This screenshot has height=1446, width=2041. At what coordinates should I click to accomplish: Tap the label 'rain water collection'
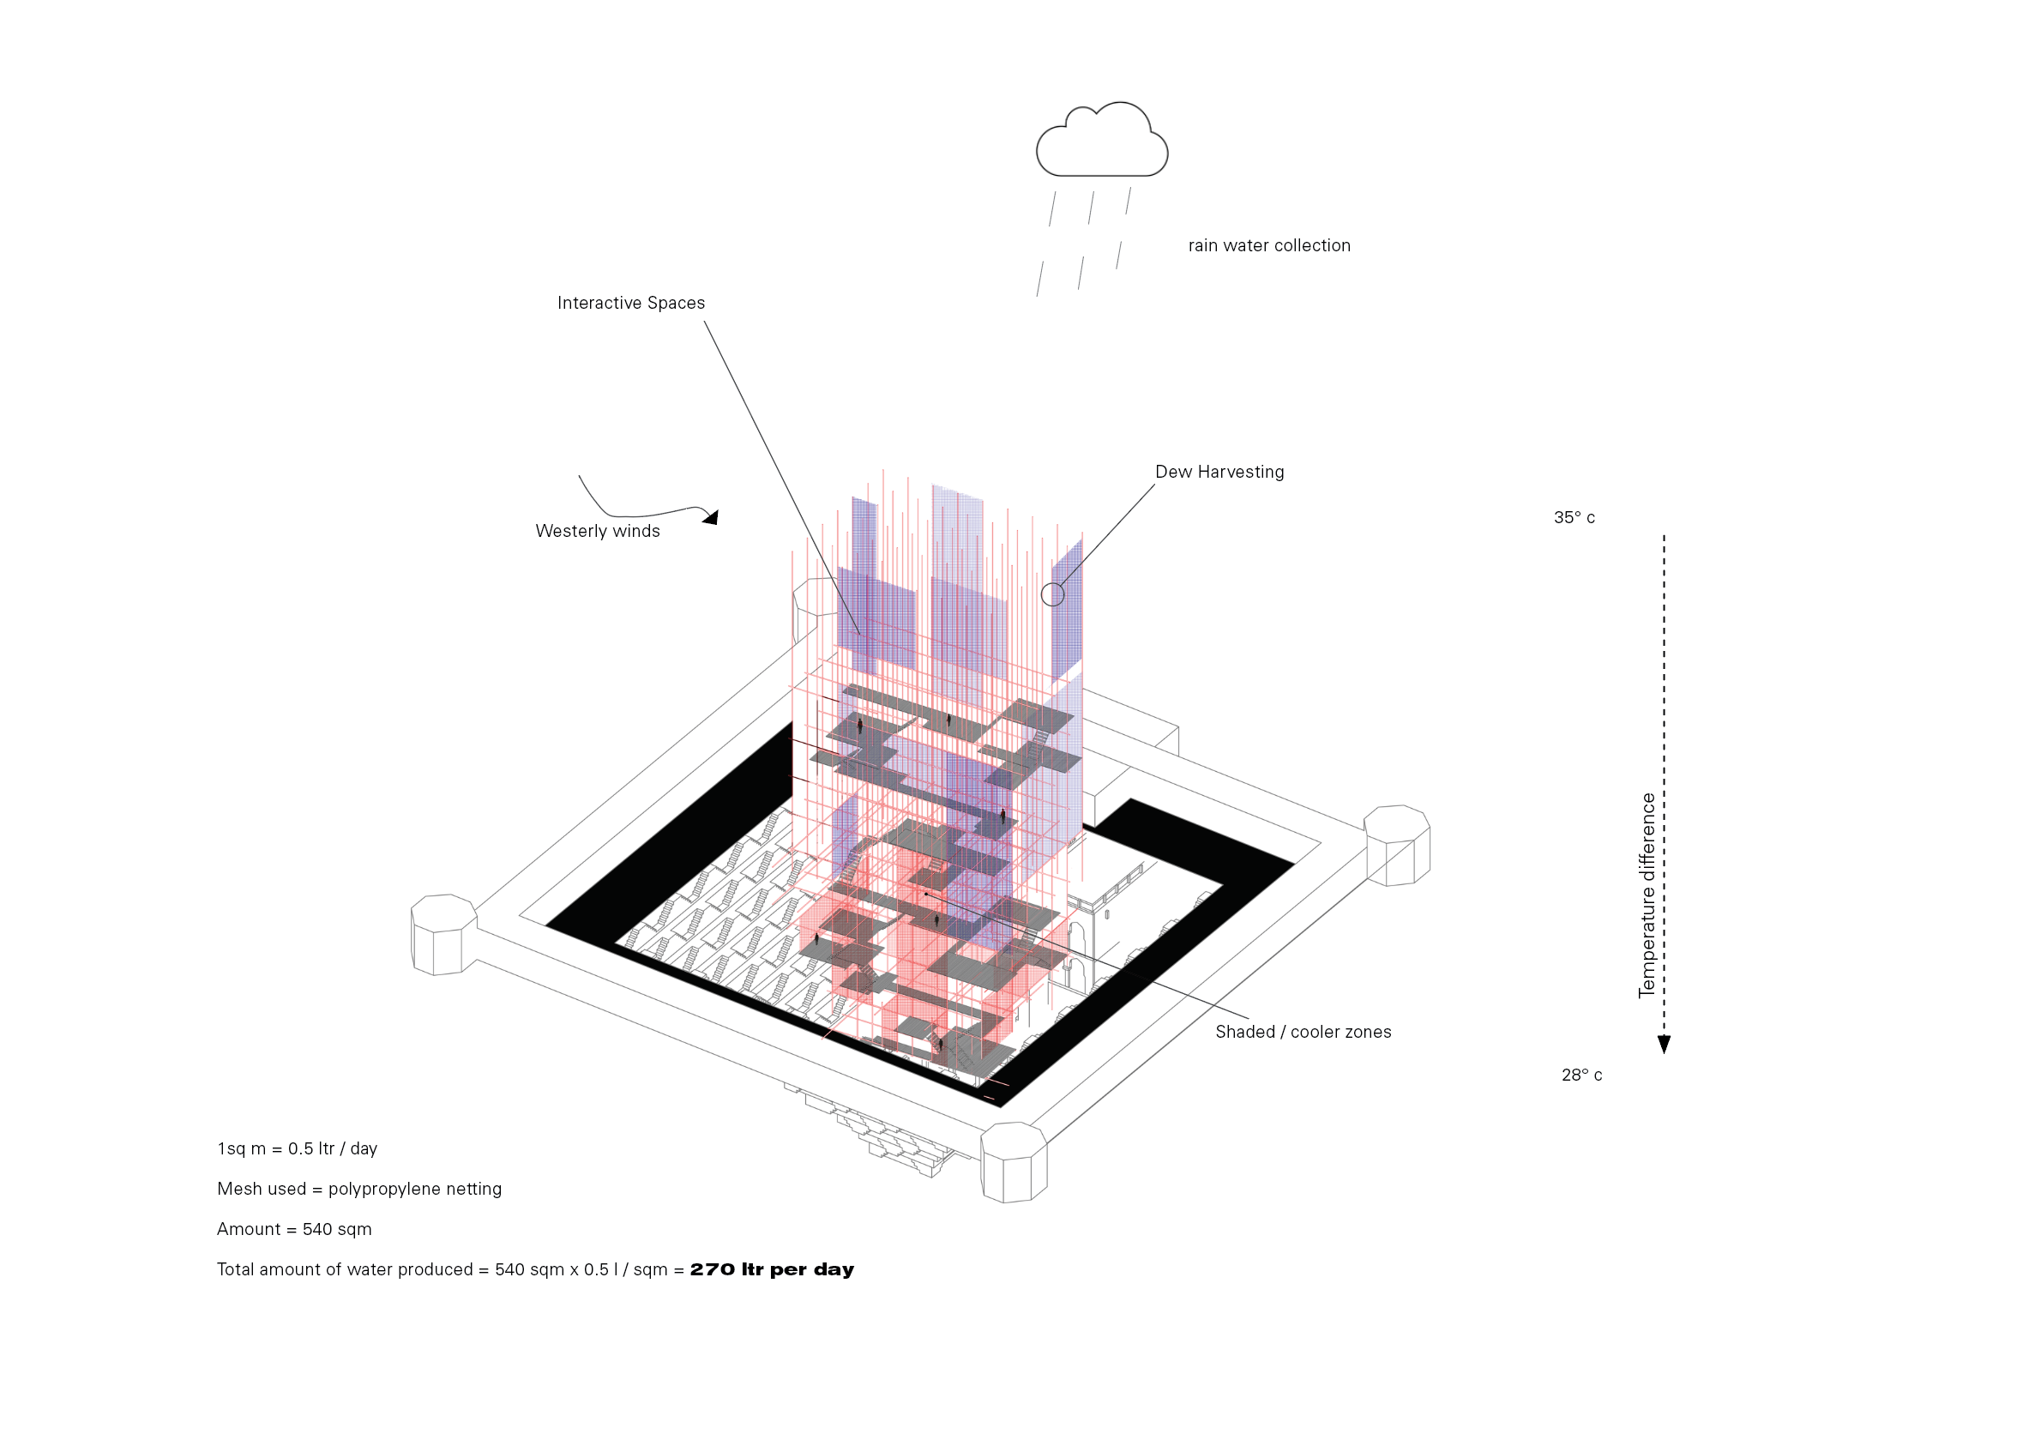(1268, 246)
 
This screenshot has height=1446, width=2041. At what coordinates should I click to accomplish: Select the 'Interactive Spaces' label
(630, 303)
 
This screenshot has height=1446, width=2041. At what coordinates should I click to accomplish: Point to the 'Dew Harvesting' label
(1219, 472)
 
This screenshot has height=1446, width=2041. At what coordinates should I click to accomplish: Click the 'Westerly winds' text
(597, 531)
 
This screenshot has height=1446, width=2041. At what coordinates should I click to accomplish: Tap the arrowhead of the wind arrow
(710, 516)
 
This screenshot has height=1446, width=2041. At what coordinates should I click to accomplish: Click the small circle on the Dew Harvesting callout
(1052, 593)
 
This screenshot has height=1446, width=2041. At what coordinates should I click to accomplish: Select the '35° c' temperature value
(1574, 517)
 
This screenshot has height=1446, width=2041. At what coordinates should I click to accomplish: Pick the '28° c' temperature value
(1580, 1075)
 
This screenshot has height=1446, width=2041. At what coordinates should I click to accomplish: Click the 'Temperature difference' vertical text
(1647, 895)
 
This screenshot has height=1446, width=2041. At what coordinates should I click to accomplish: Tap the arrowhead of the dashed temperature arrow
(1664, 1045)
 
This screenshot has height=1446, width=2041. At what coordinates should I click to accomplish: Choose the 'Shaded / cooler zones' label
(1303, 1032)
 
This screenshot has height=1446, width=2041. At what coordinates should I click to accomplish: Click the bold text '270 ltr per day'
(772, 1268)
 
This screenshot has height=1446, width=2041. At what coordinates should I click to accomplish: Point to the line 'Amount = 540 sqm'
(294, 1229)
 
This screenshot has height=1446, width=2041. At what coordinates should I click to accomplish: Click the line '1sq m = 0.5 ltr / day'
(298, 1148)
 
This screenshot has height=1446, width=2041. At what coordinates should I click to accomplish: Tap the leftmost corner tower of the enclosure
(443, 934)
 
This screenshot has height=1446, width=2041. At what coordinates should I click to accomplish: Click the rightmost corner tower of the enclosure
(1397, 845)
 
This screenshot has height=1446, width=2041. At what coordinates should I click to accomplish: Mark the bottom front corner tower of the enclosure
(1014, 1162)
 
